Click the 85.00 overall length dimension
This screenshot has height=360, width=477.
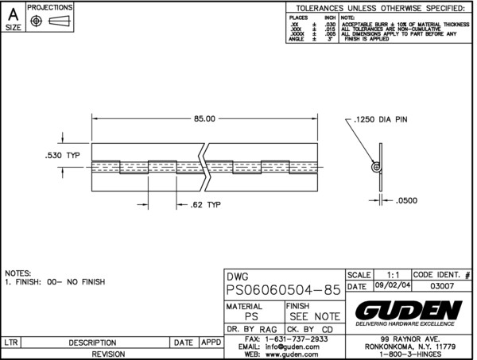(x=204, y=119)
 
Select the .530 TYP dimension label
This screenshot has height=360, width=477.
(x=62, y=155)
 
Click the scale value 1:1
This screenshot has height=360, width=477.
(x=390, y=273)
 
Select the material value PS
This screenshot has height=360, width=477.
(x=251, y=315)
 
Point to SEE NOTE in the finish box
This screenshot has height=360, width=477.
(x=315, y=315)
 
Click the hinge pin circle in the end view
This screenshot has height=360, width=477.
(x=374, y=168)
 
